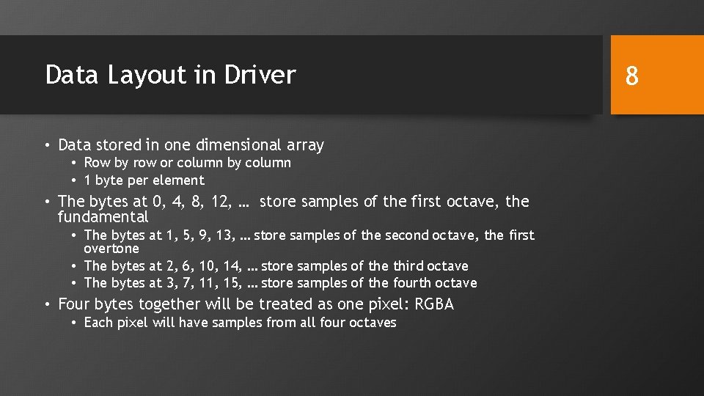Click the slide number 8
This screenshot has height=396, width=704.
[x=631, y=75]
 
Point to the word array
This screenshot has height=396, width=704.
[x=307, y=145]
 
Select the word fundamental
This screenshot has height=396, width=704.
[x=103, y=217]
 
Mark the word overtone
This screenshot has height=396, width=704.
[x=111, y=249]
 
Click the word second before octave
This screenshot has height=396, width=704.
[x=406, y=235]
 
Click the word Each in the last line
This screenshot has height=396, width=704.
[x=98, y=323]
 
